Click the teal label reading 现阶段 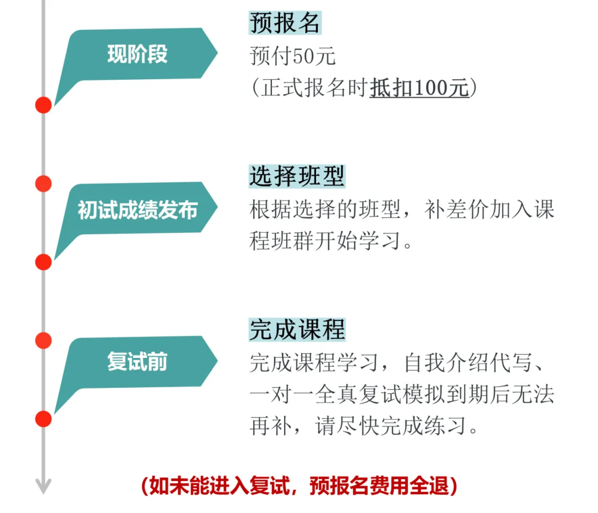(x=137, y=54)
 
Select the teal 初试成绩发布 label (x=137, y=209)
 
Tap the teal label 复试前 (x=137, y=362)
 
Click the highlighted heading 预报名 (x=285, y=23)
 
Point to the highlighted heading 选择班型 (x=297, y=176)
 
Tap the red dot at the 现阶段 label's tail (x=43, y=105)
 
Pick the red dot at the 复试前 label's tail (x=43, y=419)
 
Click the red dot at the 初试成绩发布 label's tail (x=43, y=262)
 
